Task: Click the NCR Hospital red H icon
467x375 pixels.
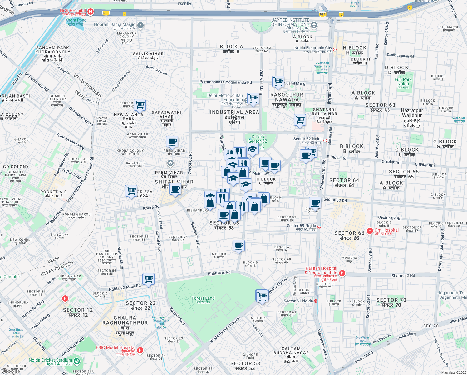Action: (91, 12)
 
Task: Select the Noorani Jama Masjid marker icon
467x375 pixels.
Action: (140, 25)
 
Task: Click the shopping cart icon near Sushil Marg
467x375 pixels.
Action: (278, 82)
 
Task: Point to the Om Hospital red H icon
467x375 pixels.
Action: (370, 231)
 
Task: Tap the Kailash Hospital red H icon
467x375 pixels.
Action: (342, 273)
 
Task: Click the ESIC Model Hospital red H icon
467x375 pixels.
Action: (140, 350)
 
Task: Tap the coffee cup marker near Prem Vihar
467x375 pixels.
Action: (172, 142)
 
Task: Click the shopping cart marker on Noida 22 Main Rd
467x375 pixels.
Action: (149, 279)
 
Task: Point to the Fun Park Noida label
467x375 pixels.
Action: (403, 82)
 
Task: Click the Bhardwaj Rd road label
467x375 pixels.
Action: (219, 273)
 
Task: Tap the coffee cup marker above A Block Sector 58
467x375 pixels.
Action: (238, 246)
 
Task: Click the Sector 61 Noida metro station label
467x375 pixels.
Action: (298, 301)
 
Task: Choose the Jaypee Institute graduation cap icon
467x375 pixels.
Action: (314, 25)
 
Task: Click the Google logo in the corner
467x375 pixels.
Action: (10, 371)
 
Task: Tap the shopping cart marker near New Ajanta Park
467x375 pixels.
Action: (140, 105)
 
